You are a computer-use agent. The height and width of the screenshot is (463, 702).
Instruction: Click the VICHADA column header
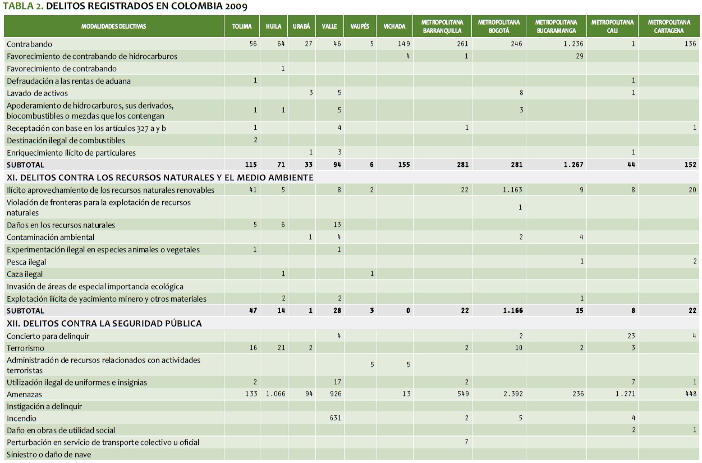tap(394, 26)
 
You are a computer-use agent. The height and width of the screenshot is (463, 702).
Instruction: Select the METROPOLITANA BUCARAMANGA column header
tap(557, 26)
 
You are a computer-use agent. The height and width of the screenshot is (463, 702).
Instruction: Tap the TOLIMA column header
tap(242, 26)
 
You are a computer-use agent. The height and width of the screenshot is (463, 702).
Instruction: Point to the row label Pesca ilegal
tap(26, 262)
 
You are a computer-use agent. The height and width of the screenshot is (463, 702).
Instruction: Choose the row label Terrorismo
tap(25, 348)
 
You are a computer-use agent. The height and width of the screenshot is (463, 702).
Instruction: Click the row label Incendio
tap(21, 418)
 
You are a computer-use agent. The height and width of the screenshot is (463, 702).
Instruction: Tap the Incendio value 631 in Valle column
tap(334, 418)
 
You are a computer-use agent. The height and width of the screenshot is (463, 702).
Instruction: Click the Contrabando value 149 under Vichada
tap(403, 44)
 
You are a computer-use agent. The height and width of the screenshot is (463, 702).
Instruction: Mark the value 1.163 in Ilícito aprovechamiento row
tap(512, 190)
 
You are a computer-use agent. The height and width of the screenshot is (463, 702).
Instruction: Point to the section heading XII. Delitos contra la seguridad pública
tap(104, 324)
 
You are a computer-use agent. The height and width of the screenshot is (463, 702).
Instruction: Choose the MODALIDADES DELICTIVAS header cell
tap(113, 26)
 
